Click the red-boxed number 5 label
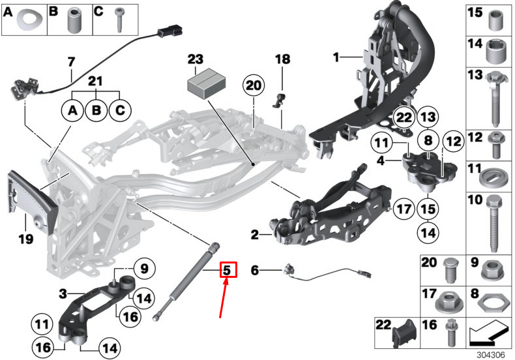tap(227, 269)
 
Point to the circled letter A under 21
tap(74, 111)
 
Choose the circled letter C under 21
tap(119, 111)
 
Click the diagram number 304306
tap(493, 355)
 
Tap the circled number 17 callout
tap(404, 210)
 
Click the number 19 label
tap(25, 239)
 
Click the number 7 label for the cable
tap(72, 63)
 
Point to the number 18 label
tap(282, 59)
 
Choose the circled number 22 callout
tap(404, 117)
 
